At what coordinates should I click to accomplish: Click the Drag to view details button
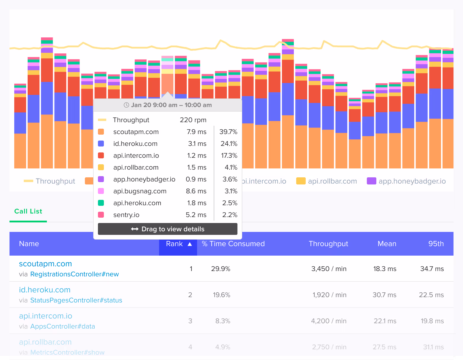click(168, 229)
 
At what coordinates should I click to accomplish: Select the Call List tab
click(28, 211)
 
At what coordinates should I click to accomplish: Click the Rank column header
click(178, 244)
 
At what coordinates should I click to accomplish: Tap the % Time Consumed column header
click(233, 244)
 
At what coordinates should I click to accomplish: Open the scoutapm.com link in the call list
click(45, 264)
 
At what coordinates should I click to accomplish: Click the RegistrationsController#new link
click(74, 274)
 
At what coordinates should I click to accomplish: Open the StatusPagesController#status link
click(76, 300)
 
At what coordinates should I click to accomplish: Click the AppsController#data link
click(63, 326)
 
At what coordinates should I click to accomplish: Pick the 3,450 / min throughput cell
click(329, 269)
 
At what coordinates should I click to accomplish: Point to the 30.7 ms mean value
click(384, 295)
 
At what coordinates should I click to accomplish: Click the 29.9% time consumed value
click(221, 269)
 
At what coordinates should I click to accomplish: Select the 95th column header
click(436, 244)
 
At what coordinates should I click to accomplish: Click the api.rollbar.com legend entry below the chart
click(327, 181)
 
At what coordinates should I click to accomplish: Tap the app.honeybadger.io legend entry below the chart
click(406, 181)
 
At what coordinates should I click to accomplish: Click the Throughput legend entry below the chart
click(50, 181)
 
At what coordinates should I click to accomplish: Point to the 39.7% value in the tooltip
click(228, 132)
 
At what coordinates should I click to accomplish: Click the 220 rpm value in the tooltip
click(193, 120)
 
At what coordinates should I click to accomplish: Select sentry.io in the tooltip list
click(126, 215)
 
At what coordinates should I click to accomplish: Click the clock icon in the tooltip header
click(126, 105)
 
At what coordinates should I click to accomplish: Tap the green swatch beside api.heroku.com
click(101, 203)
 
